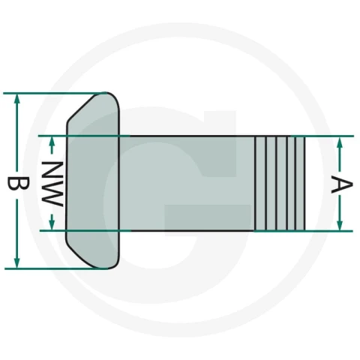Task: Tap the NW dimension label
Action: [x=52, y=184]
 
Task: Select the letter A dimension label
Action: [x=342, y=184]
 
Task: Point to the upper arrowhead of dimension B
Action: [x=17, y=98]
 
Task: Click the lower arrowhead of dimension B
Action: [x=16, y=264]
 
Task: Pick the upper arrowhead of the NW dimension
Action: [x=52, y=141]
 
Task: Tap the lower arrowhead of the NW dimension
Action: [x=52, y=225]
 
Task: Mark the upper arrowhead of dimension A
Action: [x=340, y=142]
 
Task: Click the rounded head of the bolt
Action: [x=93, y=181]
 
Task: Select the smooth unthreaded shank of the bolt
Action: [x=187, y=183]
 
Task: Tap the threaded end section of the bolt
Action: [x=280, y=183]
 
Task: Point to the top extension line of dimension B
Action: [x=54, y=93]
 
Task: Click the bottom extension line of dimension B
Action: [x=56, y=268]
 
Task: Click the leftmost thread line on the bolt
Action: [x=255, y=183]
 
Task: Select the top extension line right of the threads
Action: [x=329, y=136]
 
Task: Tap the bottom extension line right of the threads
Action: [x=329, y=231]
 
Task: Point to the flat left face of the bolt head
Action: [x=67, y=181]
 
